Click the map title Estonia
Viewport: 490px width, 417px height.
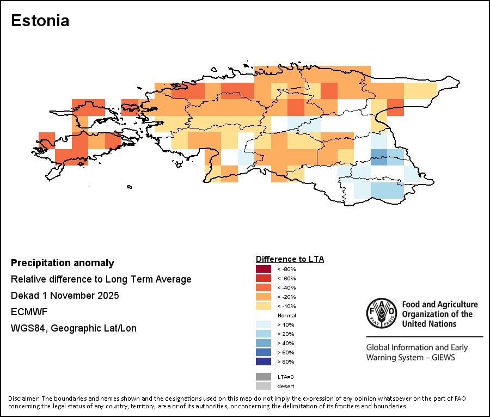(x=40, y=21)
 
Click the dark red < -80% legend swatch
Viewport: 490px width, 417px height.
(x=263, y=269)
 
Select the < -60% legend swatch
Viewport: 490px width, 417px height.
(x=263, y=278)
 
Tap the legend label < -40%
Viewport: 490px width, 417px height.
(x=286, y=287)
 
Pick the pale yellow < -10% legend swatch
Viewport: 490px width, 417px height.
(x=263, y=306)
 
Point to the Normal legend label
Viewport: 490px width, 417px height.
(x=286, y=315)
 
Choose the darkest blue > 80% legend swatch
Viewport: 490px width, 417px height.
(x=263, y=361)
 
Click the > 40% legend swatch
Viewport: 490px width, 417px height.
(x=263, y=343)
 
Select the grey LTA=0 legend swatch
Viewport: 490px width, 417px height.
(x=263, y=377)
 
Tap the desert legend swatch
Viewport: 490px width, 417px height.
(x=263, y=386)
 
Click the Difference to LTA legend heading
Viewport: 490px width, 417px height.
(x=290, y=259)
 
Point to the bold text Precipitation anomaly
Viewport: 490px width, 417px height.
(x=63, y=263)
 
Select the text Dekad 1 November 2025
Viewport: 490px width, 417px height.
(x=65, y=296)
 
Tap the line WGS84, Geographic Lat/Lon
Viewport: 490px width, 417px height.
(x=73, y=328)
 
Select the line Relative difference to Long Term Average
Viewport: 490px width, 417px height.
(x=101, y=279)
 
